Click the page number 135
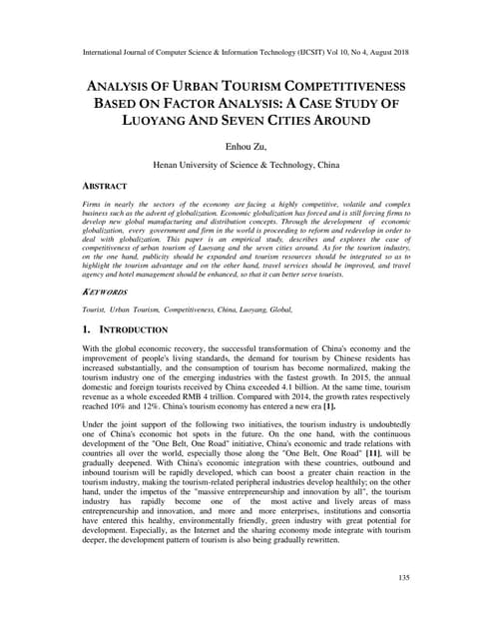[x=404, y=578]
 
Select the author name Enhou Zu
[x=247, y=146]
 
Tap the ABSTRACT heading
[x=106, y=186]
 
